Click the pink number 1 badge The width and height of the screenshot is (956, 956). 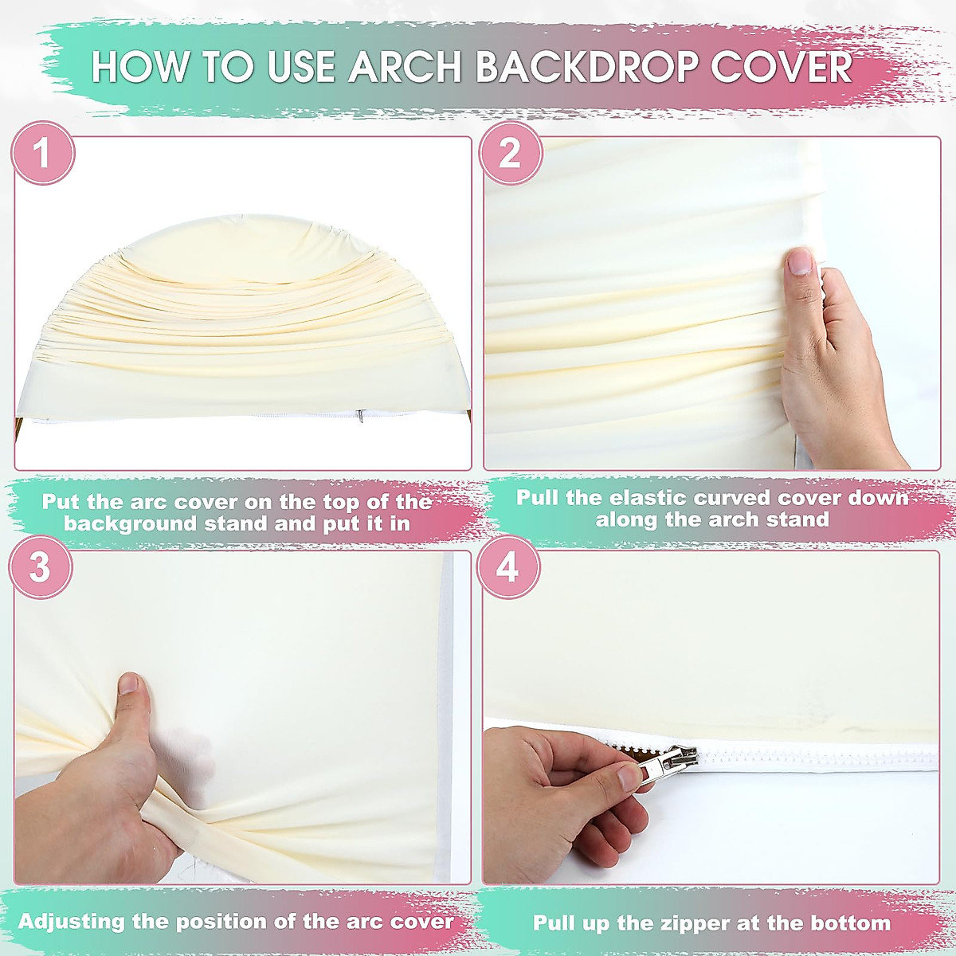42,153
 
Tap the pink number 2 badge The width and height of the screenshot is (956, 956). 510,153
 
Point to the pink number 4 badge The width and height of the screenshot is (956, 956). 507,568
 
